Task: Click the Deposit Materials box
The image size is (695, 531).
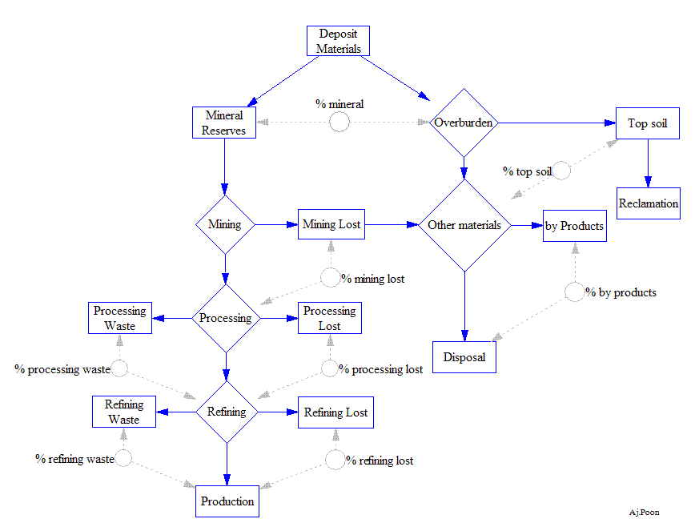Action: (339, 41)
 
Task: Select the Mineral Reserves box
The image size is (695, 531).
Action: (224, 123)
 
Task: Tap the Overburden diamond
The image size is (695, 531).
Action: (464, 123)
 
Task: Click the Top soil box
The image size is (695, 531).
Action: (648, 123)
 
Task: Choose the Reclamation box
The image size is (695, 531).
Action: (648, 203)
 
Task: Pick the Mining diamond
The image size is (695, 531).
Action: (225, 224)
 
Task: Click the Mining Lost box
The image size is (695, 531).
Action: (331, 224)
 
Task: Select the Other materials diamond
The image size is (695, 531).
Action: (464, 225)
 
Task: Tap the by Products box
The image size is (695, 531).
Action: (574, 226)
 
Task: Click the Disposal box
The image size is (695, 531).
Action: (464, 357)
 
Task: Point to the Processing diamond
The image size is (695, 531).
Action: (226, 318)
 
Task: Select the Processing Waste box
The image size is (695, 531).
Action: (120, 318)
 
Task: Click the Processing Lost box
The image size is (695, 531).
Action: (330, 318)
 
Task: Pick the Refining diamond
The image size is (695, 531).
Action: (227, 412)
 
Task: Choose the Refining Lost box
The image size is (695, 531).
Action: (335, 412)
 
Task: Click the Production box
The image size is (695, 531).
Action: (227, 501)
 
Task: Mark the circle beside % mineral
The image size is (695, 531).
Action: (339, 122)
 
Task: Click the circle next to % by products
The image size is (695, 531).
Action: (574, 292)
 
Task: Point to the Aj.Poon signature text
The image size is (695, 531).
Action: (645, 513)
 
